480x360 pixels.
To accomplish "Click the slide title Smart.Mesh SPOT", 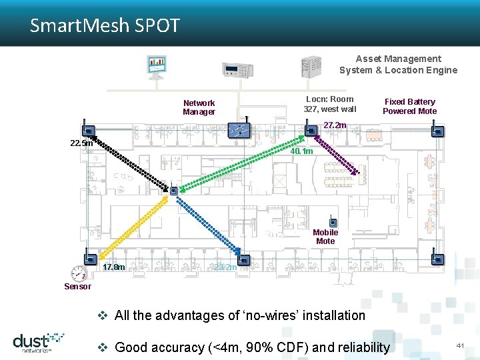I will point(105,26).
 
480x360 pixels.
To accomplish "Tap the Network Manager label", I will point(199,107).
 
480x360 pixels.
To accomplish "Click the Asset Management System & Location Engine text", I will point(398,65).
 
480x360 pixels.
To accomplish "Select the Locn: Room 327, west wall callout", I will point(330,104).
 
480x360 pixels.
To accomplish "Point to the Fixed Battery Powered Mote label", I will point(409,107).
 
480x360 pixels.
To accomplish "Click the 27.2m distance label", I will point(335,125).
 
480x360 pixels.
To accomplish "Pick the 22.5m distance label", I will point(81,143).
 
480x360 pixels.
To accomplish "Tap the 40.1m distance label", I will point(301,151).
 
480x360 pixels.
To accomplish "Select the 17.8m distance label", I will point(115,267).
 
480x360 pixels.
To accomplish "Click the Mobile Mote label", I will point(325,237).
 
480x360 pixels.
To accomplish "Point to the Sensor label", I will point(77,287).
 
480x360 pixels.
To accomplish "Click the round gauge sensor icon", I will point(79,273).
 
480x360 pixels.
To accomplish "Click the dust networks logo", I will point(38,341).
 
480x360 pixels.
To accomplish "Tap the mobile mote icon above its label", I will point(333,223).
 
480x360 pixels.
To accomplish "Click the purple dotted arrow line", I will point(341,155).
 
